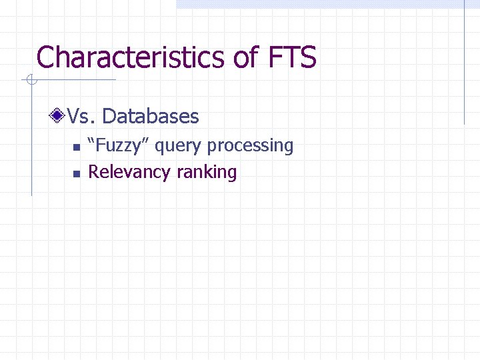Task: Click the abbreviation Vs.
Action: coord(82,117)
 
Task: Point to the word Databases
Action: coord(151,117)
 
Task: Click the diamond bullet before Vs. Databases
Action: coord(59,117)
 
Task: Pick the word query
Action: coord(179,146)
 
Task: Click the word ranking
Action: coord(207,172)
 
